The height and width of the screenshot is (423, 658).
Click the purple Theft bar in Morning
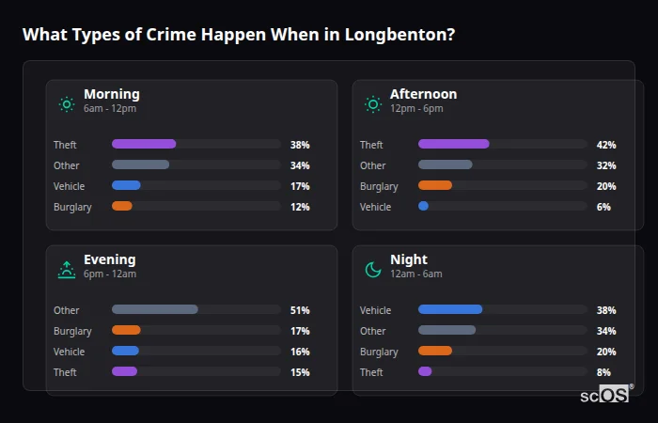[x=144, y=145]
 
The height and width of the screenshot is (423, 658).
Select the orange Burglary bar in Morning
[x=122, y=207]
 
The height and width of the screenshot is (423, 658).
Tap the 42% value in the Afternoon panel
[x=606, y=145]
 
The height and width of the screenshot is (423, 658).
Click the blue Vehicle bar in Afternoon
[x=423, y=207]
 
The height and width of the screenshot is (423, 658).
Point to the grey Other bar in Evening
[x=155, y=310]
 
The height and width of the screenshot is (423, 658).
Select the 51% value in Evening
[x=300, y=310]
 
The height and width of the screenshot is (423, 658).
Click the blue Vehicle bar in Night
[x=450, y=310]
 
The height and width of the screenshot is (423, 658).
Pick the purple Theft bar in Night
[x=425, y=372]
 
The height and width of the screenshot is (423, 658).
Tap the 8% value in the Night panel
[x=603, y=372]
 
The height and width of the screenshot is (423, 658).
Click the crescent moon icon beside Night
[x=373, y=270]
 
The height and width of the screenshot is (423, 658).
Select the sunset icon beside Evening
[x=67, y=270]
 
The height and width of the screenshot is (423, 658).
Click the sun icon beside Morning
[x=67, y=104]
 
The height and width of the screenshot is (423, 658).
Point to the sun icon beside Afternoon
[x=373, y=104]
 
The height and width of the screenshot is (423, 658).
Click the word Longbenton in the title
[x=396, y=35]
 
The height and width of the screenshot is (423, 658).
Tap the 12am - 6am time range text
[x=415, y=274]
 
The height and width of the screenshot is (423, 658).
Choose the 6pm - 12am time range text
[x=110, y=274]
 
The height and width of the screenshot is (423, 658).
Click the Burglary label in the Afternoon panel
[x=379, y=186]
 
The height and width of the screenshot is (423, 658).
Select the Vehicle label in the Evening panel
[x=69, y=352]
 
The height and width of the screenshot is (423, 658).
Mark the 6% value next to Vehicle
[x=603, y=207]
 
